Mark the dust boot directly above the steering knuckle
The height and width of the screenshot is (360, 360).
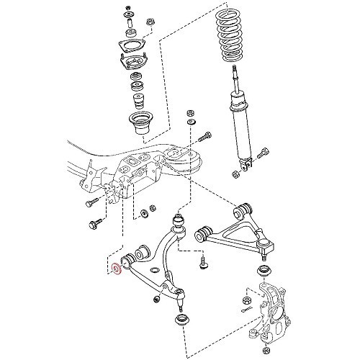(x=264, y=273)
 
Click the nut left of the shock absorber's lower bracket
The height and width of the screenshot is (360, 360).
(x=237, y=174)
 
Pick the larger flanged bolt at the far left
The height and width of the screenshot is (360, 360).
(x=94, y=225)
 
